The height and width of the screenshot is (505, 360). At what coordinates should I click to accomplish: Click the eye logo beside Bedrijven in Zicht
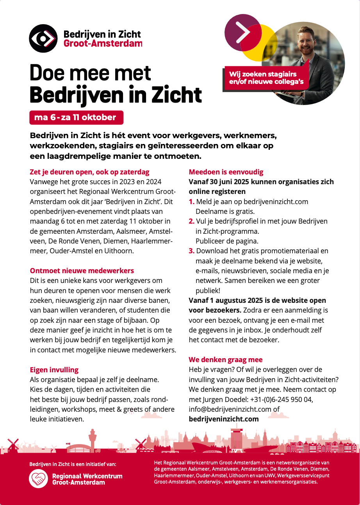pyautogui.click(x=43, y=38)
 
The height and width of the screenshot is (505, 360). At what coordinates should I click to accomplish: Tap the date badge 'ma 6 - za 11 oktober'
pyautogui.click(x=76, y=117)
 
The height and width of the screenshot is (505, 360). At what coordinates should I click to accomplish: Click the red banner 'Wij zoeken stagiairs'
pyautogui.click(x=266, y=78)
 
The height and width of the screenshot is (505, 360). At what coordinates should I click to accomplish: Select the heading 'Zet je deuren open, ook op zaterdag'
pyautogui.click(x=89, y=172)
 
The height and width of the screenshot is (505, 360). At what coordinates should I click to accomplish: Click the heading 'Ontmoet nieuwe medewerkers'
pyautogui.click(x=82, y=270)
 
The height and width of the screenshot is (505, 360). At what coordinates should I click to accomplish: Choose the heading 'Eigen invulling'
pyautogui.click(x=54, y=370)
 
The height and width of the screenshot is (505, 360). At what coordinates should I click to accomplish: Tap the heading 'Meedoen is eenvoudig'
pyautogui.click(x=226, y=172)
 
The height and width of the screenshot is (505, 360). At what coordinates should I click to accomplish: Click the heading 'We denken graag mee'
pyautogui.click(x=226, y=359)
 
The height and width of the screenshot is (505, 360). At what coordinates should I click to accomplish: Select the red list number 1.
pyautogui.click(x=191, y=202)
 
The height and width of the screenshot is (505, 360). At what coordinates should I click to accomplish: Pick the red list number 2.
pyautogui.click(x=191, y=221)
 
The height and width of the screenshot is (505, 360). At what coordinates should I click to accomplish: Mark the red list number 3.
pyautogui.click(x=191, y=251)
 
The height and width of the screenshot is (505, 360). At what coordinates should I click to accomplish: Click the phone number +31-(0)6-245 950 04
pyautogui.click(x=282, y=399)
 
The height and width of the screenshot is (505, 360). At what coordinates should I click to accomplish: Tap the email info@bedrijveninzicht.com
pyautogui.click(x=230, y=409)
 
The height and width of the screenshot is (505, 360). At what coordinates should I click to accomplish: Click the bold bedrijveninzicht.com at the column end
pyautogui.click(x=223, y=419)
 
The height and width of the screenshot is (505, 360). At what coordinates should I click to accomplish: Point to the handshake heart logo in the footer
pyautogui.click(x=38, y=479)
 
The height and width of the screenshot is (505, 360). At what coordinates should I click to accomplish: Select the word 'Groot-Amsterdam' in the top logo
pyautogui.click(x=103, y=43)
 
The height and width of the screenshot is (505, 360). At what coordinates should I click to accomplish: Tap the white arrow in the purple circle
pyautogui.click(x=243, y=30)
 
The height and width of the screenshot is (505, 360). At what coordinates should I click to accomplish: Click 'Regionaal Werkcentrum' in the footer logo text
pyautogui.click(x=87, y=476)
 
